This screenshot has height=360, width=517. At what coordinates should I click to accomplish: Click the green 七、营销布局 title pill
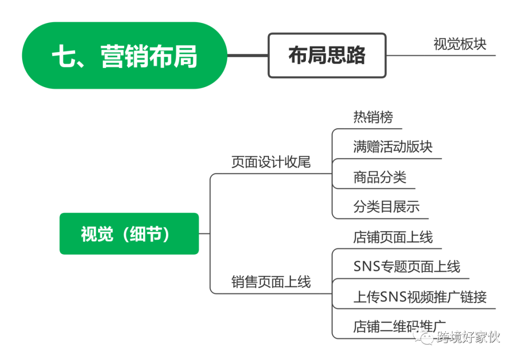pos(124,56)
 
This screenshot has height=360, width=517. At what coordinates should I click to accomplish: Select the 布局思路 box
pos(327,56)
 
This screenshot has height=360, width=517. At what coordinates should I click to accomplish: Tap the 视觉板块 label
pos(460,44)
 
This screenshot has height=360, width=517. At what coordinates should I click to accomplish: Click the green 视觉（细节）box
pos(129,234)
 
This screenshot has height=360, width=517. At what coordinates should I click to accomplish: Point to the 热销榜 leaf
pos(373,116)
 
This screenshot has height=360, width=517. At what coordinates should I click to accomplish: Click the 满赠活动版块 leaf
pos(393,146)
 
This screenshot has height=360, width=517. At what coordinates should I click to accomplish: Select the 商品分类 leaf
pos(380,177)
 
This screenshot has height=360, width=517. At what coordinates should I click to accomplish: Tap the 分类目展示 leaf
pos(386,207)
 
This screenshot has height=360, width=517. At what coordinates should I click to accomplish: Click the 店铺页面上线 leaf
pos(393,237)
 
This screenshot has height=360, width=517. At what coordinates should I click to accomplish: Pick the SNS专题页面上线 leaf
pos(406,267)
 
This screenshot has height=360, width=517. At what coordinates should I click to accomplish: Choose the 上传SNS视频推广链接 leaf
pos(420,297)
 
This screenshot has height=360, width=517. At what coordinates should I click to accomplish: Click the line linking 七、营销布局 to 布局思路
pos(247,56)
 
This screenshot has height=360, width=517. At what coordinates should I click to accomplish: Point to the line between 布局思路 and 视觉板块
pos(405,56)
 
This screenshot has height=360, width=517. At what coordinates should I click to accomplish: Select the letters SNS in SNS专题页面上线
pos(367,267)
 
